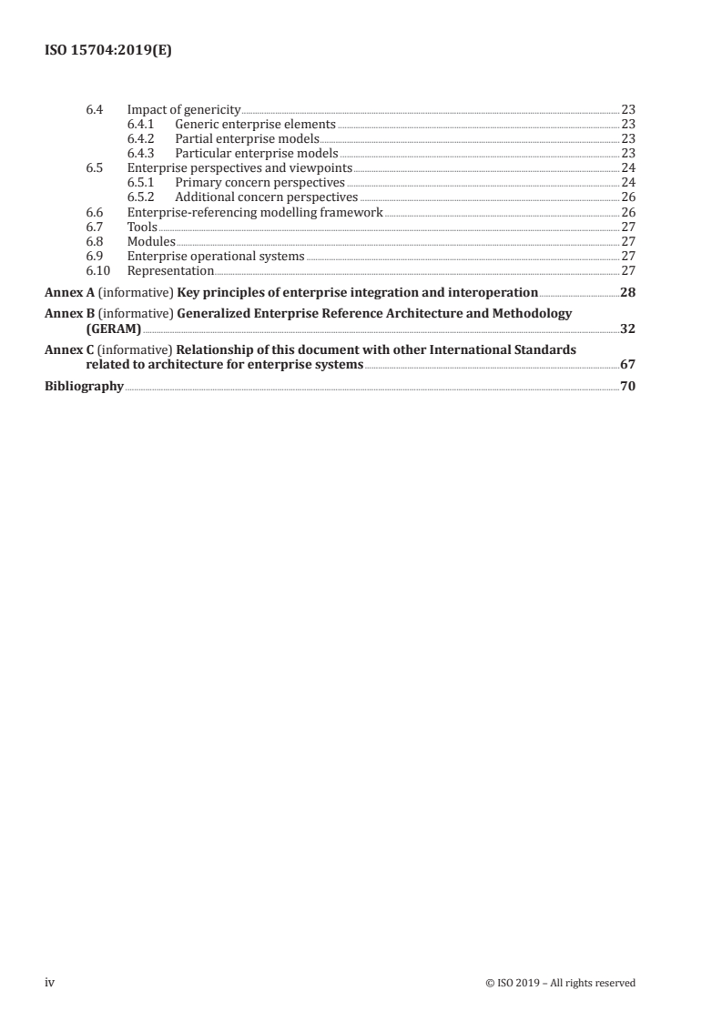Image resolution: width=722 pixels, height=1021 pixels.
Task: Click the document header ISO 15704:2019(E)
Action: [x=108, y=52]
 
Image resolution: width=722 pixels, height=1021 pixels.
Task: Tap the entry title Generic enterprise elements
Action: [x=255, y=124]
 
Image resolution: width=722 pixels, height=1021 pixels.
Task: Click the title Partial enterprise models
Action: [x=247, y=138]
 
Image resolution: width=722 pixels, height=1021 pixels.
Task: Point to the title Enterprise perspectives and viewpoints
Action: [x=239, y=167]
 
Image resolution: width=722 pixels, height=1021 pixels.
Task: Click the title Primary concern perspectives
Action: [x=259, y=182]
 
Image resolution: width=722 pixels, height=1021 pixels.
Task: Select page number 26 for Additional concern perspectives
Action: [x=627, y=197]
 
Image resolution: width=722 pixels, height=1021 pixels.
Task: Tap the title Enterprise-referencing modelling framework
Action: [x=255, y=212]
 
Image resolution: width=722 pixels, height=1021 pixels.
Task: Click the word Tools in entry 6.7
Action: [x=142, y=227]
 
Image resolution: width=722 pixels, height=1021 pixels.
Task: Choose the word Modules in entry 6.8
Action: [x=151, y=241]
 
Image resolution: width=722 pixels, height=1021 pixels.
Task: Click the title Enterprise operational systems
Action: [x=216, y=256]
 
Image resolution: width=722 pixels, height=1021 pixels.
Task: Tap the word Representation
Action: [x=170, y=270]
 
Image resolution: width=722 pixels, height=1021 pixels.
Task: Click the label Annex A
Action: [x=70, y=292]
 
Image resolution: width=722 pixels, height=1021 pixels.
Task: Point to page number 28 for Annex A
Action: [x=627, y=292]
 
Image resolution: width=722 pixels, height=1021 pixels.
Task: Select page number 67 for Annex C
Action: [x=627, y=365]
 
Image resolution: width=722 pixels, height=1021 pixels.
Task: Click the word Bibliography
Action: [x=85, y=386]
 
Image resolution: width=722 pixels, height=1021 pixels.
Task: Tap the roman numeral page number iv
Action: [x=50, y=982]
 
